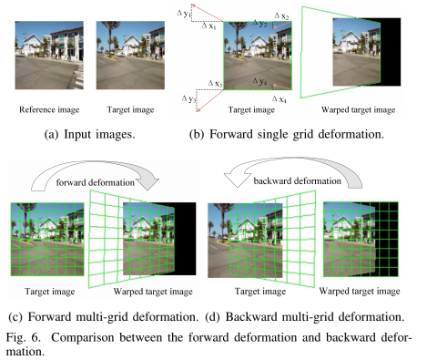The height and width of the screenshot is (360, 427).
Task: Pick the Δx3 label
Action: pos(215,83)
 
